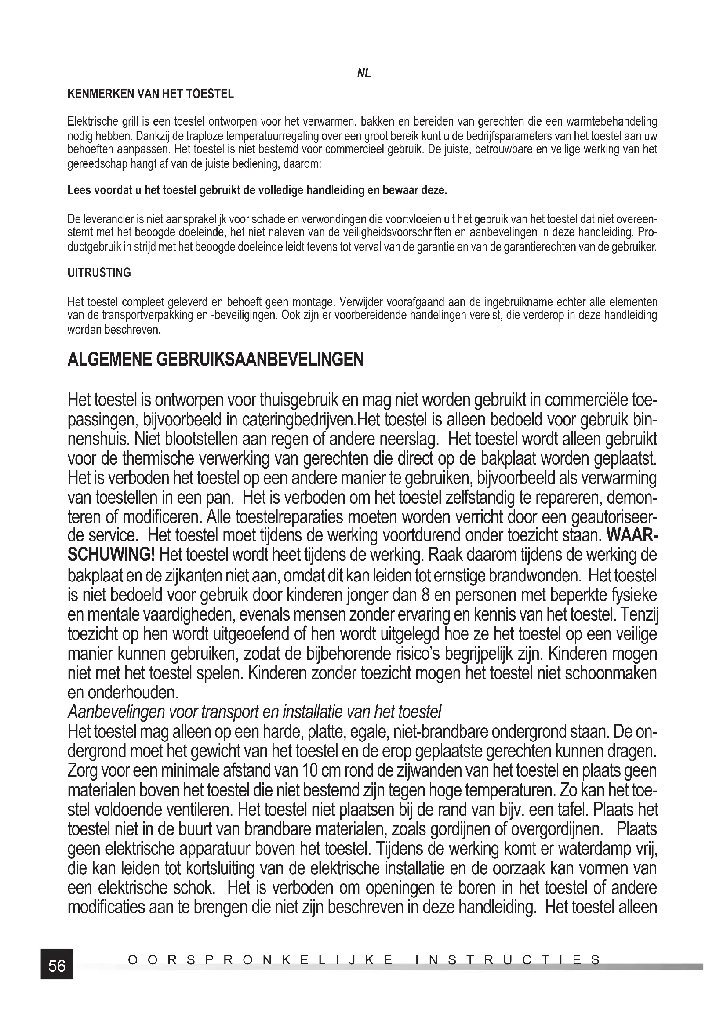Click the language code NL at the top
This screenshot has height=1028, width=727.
pos(363,74)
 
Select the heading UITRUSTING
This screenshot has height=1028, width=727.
pos(99,272)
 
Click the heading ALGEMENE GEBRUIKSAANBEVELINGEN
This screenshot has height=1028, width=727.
pos(215,360)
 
